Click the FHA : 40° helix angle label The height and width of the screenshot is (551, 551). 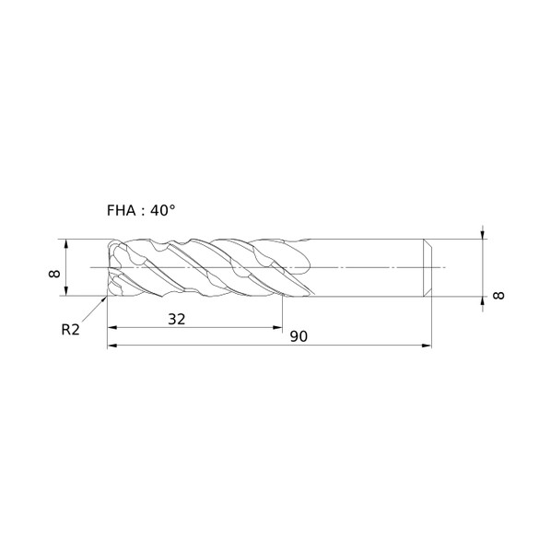click(x=141, y=210)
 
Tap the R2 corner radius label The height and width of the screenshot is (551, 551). click(x=71, y=330)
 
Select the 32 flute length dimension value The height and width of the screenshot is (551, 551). click(x=176, y=319)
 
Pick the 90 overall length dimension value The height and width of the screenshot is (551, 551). click(x=299, y=336)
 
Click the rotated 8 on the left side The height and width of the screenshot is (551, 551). click(x=54, y=274)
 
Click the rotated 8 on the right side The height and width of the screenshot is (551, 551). click(x=498, y=296)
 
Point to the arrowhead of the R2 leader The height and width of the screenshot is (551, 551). click(x=104, y=299)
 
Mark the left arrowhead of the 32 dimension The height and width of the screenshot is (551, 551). click(x=112, y=327)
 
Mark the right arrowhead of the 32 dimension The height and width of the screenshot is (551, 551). click(x=277, y=327)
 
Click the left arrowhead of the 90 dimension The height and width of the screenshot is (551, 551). click(x=112, y=346)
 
